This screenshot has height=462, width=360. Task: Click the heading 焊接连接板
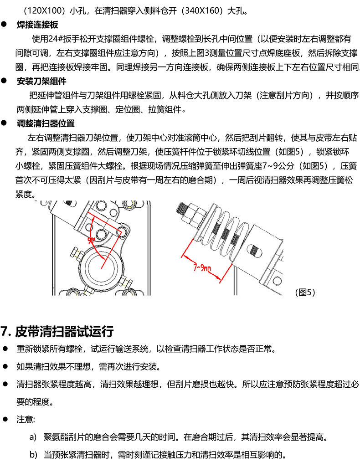click(37, 25)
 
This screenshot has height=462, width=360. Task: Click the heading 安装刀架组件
click(41, 81)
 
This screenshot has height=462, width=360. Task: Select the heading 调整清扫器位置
click(46, 123)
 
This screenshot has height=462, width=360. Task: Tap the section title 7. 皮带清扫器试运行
click(57, 331)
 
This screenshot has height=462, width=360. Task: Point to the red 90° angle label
click(91, 241)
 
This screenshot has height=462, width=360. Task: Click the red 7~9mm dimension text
click(202, 267)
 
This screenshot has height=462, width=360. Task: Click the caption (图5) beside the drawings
click(305, 293)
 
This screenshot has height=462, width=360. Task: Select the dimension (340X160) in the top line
click(203, 11)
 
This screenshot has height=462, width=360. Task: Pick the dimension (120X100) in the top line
click(44, 11)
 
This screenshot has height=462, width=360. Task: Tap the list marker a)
click(33, 437)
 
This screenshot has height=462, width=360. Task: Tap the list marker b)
click(33, 455)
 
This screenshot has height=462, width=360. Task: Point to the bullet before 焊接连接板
click(4, 25)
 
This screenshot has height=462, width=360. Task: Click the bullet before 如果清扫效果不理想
click(5, 366)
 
